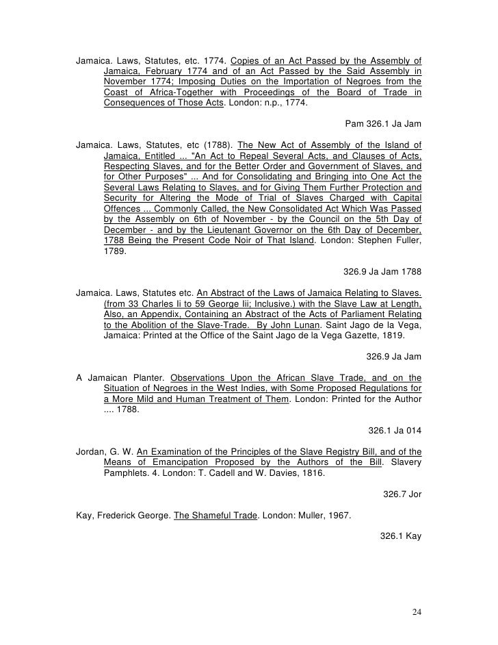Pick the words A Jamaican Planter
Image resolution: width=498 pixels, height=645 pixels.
[120, 377]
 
